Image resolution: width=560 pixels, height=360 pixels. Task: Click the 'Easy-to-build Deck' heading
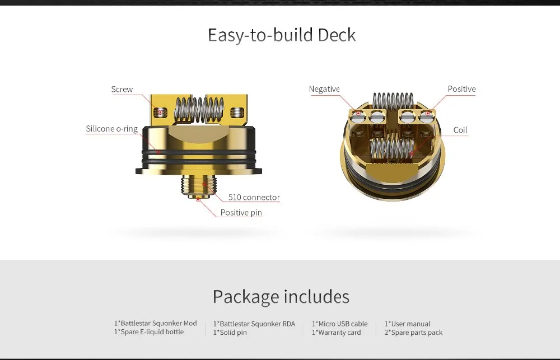tap(282, 35)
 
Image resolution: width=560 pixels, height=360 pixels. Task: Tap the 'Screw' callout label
tap(122, 89)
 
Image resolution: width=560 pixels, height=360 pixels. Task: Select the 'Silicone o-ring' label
tap(112, 129)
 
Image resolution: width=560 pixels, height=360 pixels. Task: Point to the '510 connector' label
tap(254, 197)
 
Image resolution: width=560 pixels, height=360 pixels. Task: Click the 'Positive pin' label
tap(241, 213)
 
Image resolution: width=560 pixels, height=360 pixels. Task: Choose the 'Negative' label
tap(324, 89)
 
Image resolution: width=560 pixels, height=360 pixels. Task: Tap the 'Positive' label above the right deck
tap(461, 89)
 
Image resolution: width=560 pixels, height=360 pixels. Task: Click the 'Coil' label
tap(460, 130)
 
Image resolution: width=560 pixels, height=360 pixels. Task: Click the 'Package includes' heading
tap(281, 296)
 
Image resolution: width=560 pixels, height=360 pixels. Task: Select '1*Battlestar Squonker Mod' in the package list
tap(155, 323)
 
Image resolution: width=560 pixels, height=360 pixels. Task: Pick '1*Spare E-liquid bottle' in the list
tap(149, 332)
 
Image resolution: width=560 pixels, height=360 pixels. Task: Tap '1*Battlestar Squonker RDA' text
tap(254, 324)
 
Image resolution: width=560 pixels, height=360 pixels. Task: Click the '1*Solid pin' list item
tap(230, 333)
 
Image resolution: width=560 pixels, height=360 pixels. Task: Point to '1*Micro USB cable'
tap(340, 324)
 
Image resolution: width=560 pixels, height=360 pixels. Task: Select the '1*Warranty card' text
tap(337, 333)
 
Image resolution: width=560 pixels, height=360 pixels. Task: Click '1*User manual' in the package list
tap(407, 324)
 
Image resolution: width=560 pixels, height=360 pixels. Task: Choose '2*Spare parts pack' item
tap(413, 333)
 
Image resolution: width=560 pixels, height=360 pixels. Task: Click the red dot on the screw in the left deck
tap(160, 113)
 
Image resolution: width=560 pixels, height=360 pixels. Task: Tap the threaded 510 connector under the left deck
tap(195, 185)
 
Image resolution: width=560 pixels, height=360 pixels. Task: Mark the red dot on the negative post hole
tap(358, 114)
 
